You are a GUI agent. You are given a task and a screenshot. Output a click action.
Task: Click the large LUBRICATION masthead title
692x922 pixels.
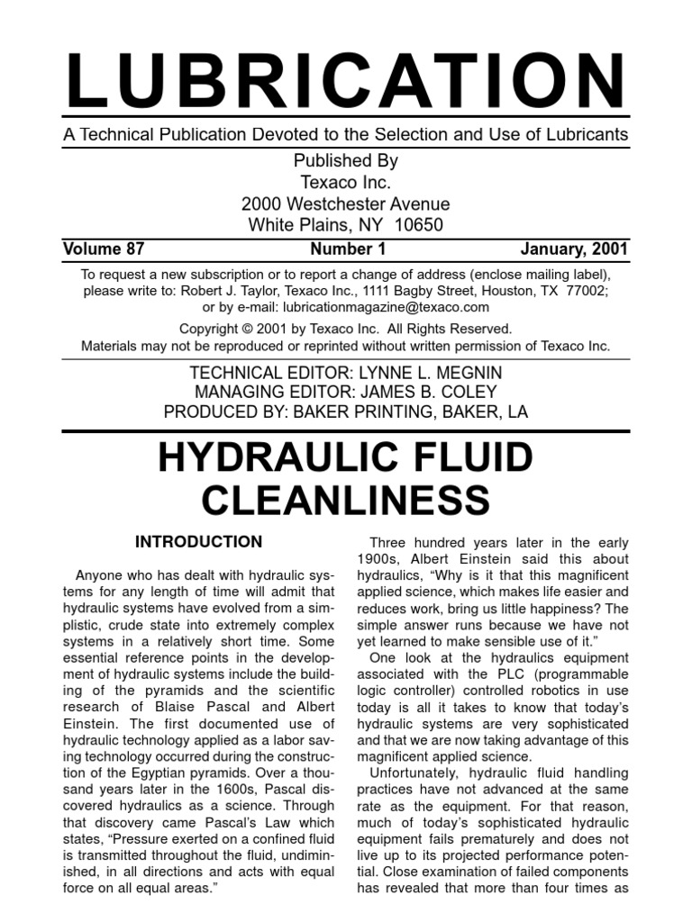click(x=345, y=83)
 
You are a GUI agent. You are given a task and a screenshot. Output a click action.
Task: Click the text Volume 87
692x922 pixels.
click(x=104, y=249)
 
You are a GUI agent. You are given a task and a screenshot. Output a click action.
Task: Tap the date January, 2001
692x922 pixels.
click(x=575, y=249)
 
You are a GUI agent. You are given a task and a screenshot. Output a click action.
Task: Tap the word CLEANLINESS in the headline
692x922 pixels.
click(x=345, y=501)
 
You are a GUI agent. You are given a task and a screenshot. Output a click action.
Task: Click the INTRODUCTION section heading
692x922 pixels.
click(x=198, y=542)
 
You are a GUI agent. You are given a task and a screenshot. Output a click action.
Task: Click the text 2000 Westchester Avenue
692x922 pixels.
click(x=345, y=203)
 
